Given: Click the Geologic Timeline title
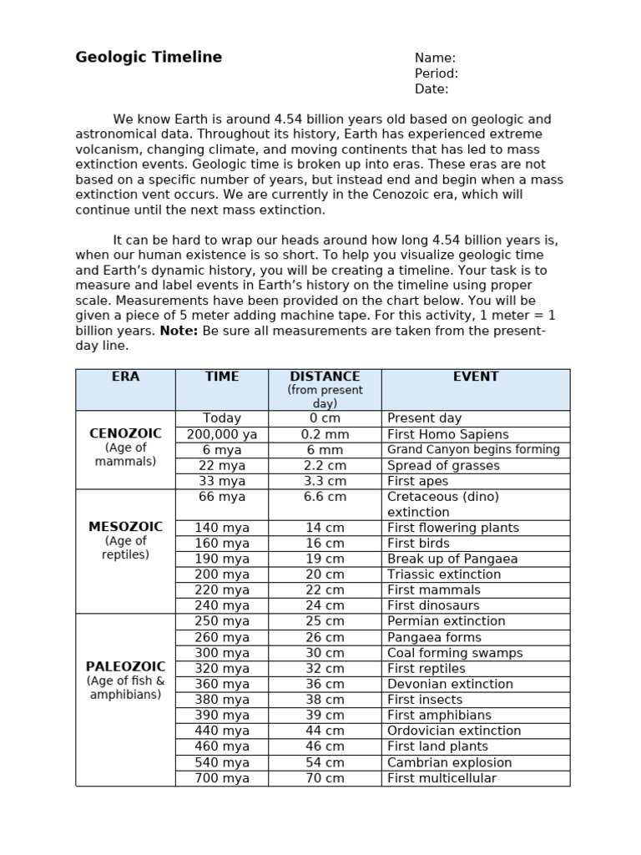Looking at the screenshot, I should [x=149, y=58].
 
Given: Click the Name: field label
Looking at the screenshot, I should [x=435, y=58].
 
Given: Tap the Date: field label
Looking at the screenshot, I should [x=432, y=89].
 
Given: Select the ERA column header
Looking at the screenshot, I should [x=125, y=377].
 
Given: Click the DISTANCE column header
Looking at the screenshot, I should [x=325, y=377].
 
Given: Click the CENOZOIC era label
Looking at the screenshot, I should [x=125, y=433].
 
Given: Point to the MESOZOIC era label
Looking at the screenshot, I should [x=125, y=527].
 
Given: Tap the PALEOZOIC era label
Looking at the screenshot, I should [x=125, y=666].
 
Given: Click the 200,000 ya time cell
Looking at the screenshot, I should [x=221, y=434].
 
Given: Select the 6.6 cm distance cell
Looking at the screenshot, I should [x=325, y=497].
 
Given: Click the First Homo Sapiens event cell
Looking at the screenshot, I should [x=447, y=434].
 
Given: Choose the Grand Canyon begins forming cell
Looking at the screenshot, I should [x=473, y=449].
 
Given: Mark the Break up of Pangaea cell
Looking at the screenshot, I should [x=452, y=559].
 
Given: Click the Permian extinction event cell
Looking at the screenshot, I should [x=446, y=621].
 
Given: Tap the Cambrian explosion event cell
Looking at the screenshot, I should [x=449, y=762].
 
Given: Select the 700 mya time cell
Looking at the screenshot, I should [x=221, y=778].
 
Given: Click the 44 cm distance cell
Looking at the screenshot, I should [x=325, y=731].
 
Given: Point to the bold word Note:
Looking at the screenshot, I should [x=179, y=331].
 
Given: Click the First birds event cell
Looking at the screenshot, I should [x=419, y=543].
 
